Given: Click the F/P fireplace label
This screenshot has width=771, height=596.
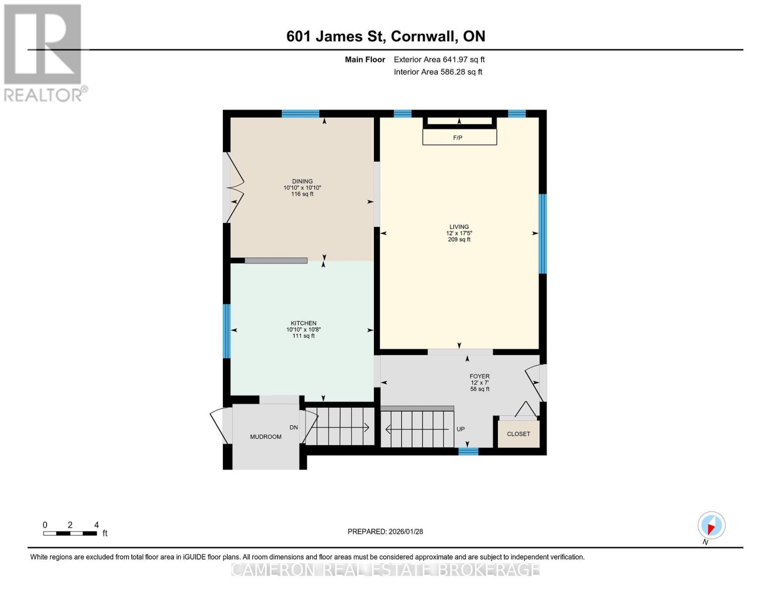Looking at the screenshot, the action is point(457,138).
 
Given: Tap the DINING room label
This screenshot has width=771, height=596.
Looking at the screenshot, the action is point(302,181).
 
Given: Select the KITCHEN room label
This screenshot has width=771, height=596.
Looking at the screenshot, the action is point(303,323).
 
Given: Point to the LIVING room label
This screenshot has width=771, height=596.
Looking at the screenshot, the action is point(459,226).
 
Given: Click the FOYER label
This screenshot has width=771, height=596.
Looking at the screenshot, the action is point(480,376).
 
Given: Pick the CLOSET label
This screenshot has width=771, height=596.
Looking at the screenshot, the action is point(518,434).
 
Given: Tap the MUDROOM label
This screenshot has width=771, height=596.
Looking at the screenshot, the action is point(266,437).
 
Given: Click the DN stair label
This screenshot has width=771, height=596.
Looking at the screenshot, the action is point(293,428).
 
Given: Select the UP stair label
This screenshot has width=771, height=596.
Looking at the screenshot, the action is point(461,429).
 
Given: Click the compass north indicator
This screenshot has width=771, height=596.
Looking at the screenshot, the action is point(711,526).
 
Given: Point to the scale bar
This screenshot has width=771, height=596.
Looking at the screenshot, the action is point(70,533).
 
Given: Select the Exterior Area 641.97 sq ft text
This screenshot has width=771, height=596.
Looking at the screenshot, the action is point(439,60).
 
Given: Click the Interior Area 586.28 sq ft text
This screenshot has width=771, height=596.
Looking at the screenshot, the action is point(438,72).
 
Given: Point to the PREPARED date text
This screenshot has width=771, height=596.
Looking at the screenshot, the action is point(385,531).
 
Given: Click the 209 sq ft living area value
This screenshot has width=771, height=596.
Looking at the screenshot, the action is point(459,239).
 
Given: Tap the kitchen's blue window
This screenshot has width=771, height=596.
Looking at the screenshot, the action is point(226,331).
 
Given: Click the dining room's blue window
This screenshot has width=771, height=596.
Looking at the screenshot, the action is point(300,114).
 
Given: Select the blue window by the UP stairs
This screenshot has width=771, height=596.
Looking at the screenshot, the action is point(468,451).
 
